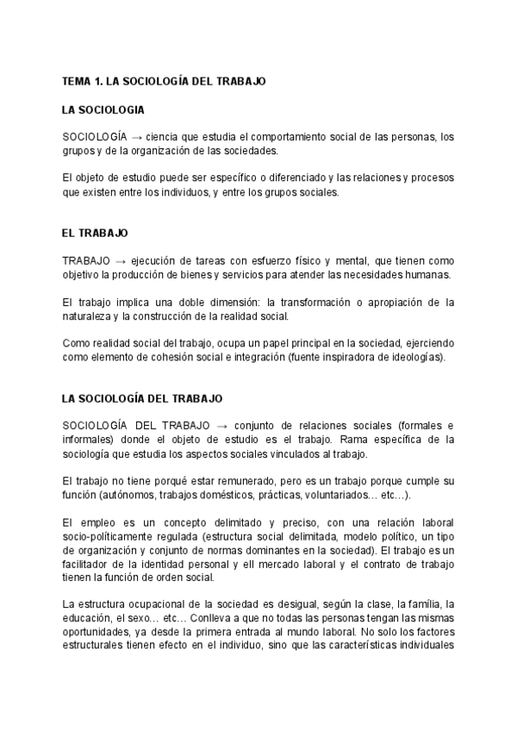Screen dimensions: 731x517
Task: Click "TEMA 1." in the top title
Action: click(82, 80)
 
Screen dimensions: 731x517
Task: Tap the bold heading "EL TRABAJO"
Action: click(95, 233)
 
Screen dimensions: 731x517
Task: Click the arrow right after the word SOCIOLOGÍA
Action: click(136, 137)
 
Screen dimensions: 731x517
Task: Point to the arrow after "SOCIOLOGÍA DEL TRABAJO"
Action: click(222, 426)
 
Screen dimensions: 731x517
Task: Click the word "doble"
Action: click(179, 303)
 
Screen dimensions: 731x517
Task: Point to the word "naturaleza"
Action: click(87, 316)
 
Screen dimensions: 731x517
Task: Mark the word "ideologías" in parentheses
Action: click(414, 358)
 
